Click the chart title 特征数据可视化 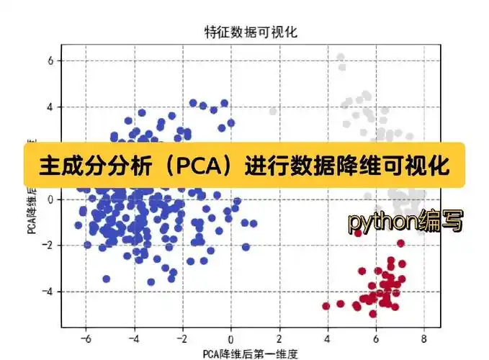click(x=251, y=32)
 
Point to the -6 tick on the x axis click(x=85, y=338)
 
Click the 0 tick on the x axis click(x=230, y=338)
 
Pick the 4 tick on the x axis click(x=327, y=338)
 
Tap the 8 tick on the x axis click(x=423, y=338)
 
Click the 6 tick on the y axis click(x=51, y=61)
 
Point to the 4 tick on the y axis click(x=51, y=107)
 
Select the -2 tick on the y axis click(x=49, y=246)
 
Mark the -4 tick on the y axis click(x=49, y=292)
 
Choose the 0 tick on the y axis click(x=51, y=199)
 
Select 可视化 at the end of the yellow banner click(x=418, y=167)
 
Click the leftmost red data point click(x=326, y=306)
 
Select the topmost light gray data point click(x=341, y=56)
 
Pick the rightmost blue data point click(x=253, y=224)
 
